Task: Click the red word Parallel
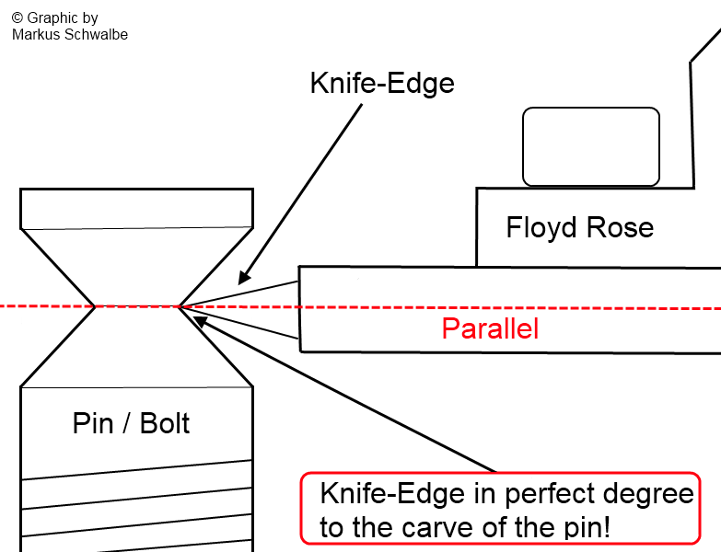coord(490,328)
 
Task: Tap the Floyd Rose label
coord(579,227)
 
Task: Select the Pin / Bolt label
coord(131,423)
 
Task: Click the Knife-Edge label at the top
coord(382,84)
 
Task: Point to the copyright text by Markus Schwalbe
coord(69,26)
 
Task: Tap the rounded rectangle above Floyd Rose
coord(591,146)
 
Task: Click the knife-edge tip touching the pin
coord(181,306)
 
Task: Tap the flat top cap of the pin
coord(136,207)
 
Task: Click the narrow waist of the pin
coord(136,306)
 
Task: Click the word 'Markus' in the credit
coord(33,34)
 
